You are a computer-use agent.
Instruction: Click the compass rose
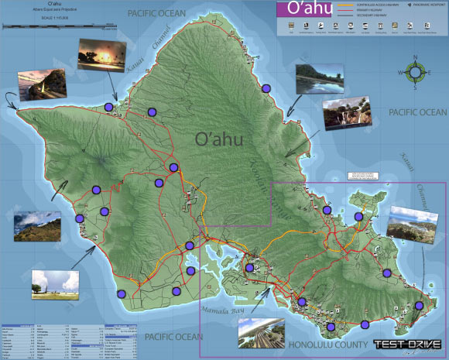click(416, 73)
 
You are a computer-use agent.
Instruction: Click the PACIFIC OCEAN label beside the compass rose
click(418, 113)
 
